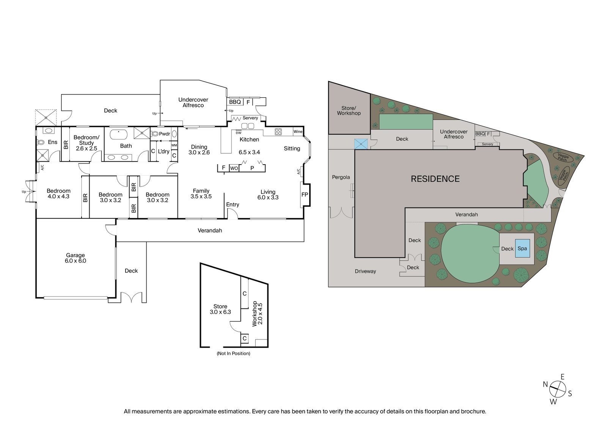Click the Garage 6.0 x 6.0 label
(75, 258)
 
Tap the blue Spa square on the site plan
(522, 248)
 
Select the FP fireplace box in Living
(305, 195)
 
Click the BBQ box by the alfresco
(235, 102)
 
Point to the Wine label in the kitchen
(298, 132)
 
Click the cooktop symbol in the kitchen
(278, 132)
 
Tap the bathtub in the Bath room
(120, 134)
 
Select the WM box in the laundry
(174, 145)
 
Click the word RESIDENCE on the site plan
(435, 179)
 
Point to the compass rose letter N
(545, 384)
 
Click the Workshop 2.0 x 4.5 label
(257, 314)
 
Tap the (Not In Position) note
(233, 353)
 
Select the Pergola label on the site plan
(341, 177)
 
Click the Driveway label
(365, 271)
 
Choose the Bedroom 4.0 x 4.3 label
(58, 193)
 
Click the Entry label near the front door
(233, 204)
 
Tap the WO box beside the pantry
(234, 168)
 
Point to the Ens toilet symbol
(41, 143)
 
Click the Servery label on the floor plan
(250, 118)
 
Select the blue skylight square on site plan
(361, 144)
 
